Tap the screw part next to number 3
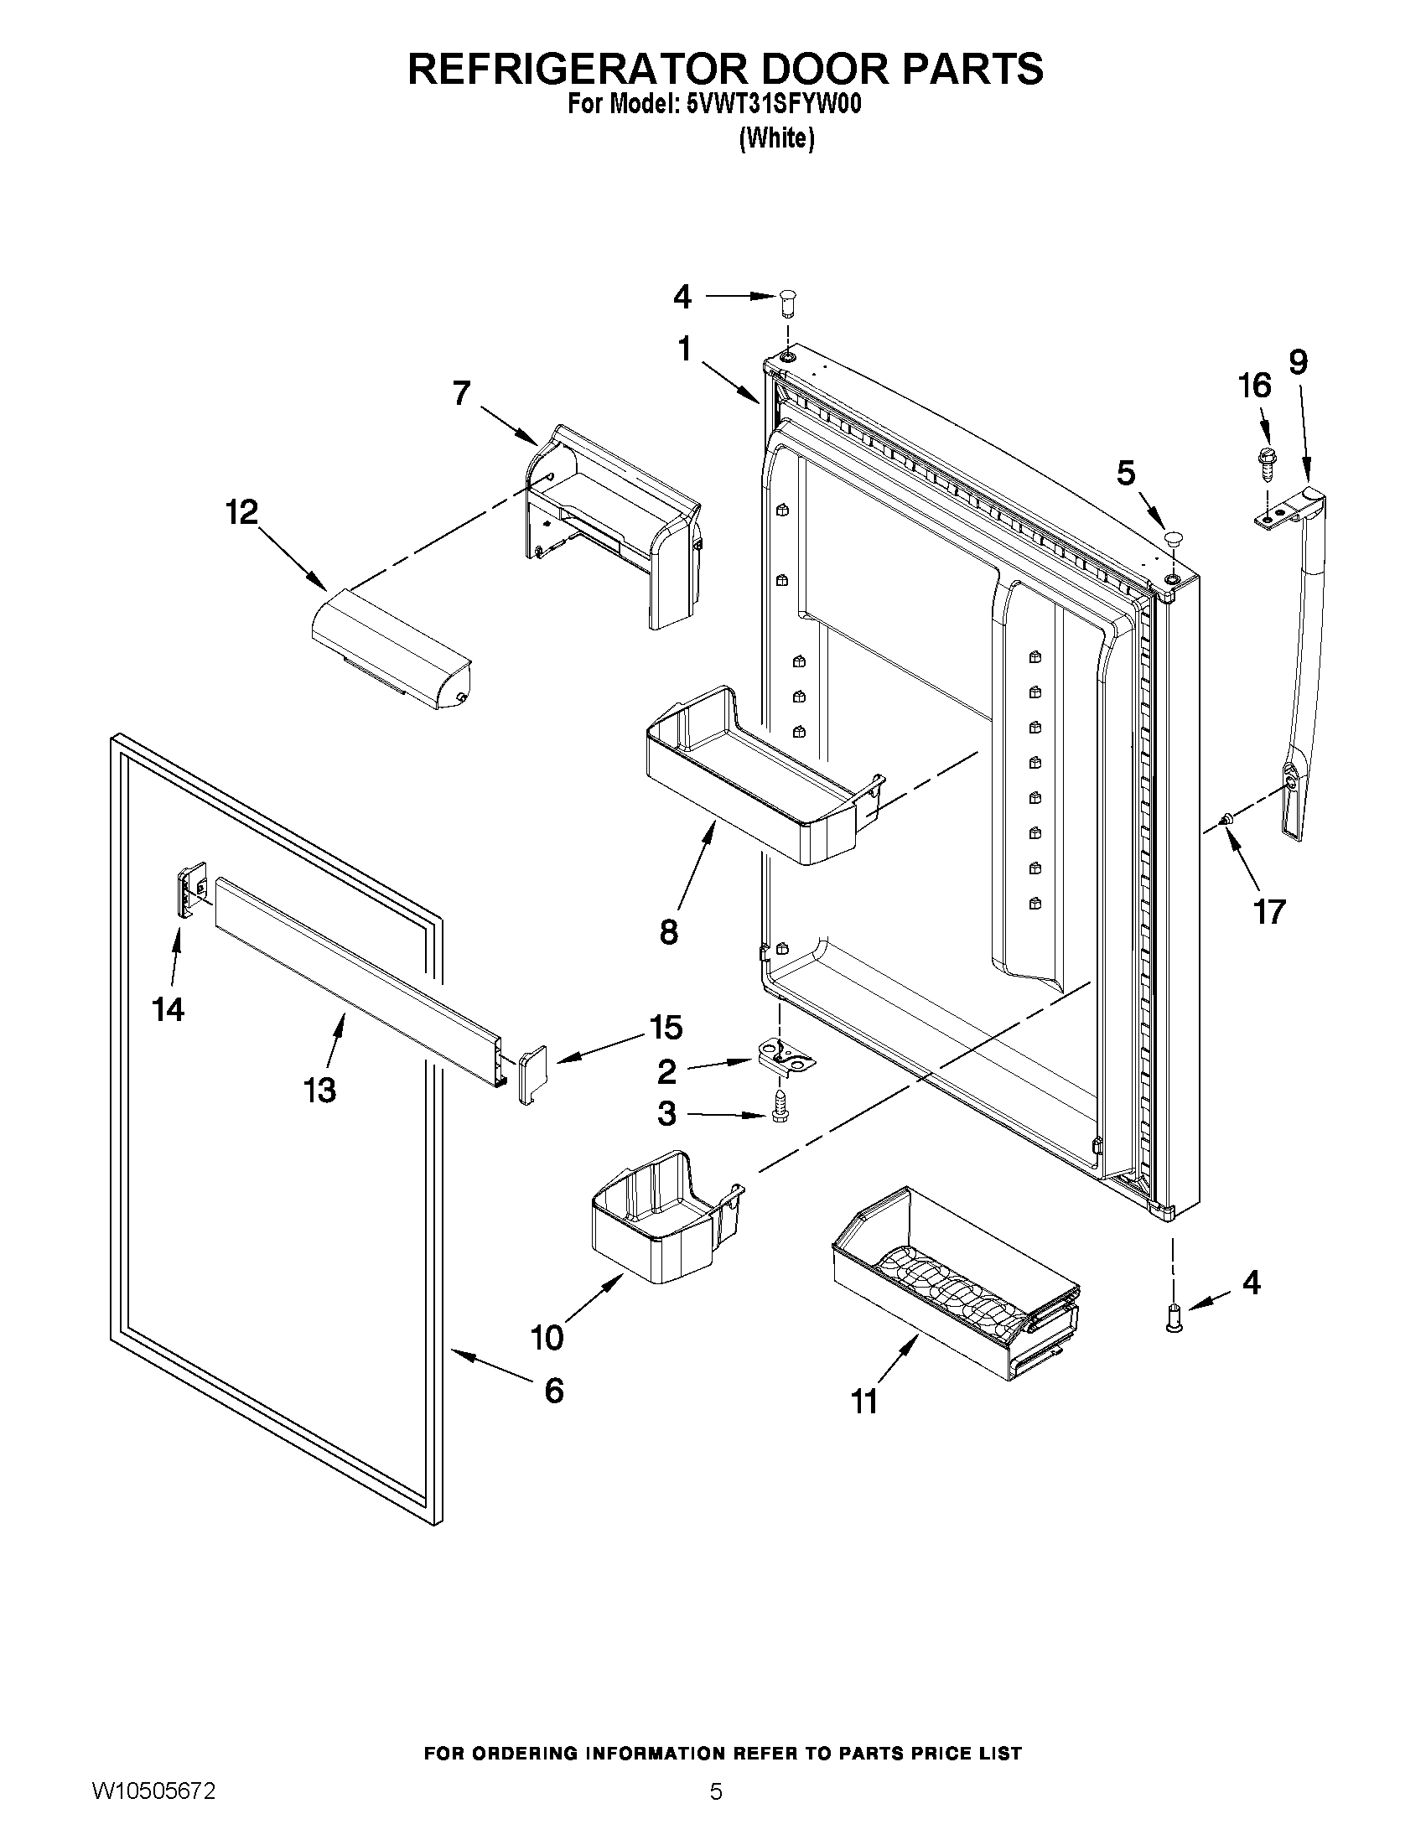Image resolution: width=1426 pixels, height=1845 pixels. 779,1106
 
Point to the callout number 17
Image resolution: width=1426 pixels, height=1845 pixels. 1269,911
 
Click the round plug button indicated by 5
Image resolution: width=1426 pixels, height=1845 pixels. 1173,537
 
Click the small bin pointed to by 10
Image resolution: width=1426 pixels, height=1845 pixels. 663,1220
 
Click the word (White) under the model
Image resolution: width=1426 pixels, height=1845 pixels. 776,138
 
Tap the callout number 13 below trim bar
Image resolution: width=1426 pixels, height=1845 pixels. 320,1090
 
